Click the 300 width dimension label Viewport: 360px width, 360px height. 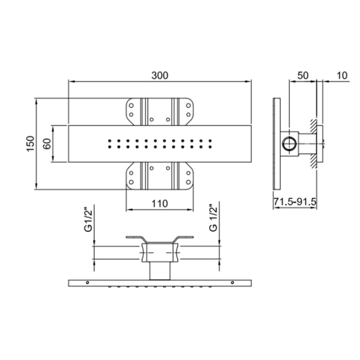click(x=160, y=76)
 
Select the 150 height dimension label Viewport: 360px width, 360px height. click(x=31, y=144)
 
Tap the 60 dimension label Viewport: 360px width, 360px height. click(x=47, y=144)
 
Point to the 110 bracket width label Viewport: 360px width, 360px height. click(x=160, y=204)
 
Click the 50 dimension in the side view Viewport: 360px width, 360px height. click(x=303, y=76)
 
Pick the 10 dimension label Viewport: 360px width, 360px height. click(x=342, y=76)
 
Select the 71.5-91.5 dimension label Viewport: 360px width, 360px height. click(x=295, y=202)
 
